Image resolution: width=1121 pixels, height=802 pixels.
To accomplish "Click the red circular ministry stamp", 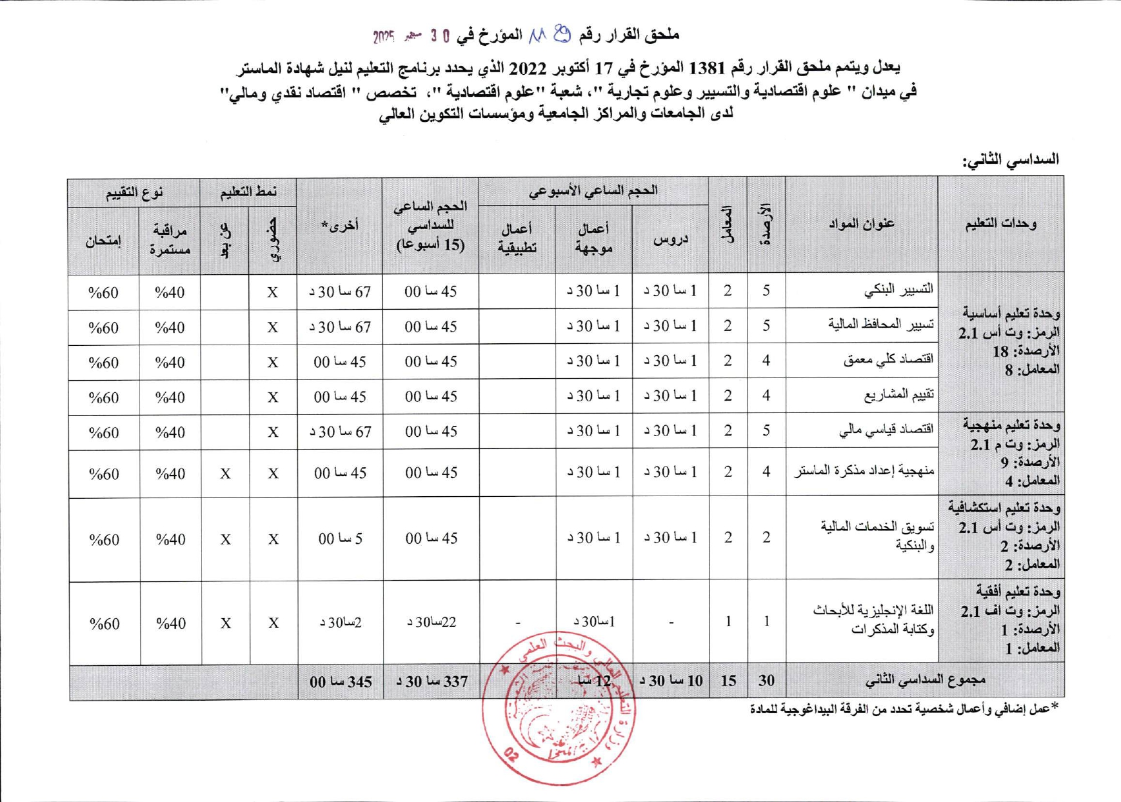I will tap(559, 708).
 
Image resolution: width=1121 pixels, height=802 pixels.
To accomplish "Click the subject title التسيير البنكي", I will tap(898, 290).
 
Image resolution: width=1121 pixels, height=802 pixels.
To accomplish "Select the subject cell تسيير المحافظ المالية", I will tap(880, 325).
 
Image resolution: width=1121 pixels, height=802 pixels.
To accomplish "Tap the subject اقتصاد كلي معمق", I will tap(888, 360).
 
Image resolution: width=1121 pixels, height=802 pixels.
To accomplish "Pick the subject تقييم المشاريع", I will tap(898, 395).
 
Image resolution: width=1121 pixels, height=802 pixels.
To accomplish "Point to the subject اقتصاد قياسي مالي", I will tap(886, 430).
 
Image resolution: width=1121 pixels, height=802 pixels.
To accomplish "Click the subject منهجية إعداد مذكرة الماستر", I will tap(864, 472).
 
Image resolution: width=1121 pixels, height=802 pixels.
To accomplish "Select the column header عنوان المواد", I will tap(861, 224).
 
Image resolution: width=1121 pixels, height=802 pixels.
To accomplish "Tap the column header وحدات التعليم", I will tap(1000, 224).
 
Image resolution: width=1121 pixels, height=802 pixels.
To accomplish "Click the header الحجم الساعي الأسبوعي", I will tap(593, 190).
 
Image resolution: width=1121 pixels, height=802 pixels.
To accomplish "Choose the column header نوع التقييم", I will tap(134, 192).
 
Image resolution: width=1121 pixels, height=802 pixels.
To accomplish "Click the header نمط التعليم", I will tap(248, 192).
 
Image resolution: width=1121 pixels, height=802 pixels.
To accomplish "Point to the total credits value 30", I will tap(766, 681).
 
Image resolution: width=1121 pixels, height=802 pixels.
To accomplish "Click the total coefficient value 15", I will tap(728, 681).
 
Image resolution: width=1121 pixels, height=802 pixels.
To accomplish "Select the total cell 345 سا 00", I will tap(341, 682).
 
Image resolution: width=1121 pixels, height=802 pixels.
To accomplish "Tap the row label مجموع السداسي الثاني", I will tap(924, 680).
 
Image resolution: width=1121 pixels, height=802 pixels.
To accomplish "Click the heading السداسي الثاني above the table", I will tap(1010, 159).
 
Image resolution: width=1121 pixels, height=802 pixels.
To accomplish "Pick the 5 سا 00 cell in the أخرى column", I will tap(341, 539).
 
